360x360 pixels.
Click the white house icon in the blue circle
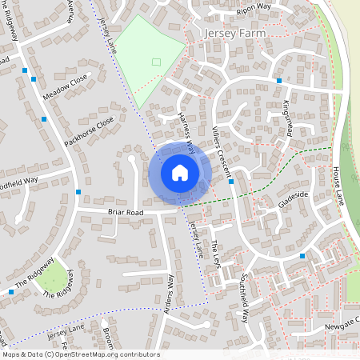(x=180, y=172)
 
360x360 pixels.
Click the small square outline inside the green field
(x=157, y=62)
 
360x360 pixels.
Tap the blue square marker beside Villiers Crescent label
(x=230, y=182)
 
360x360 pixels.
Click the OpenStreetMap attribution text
(x=81, y=354)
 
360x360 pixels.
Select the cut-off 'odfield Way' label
(x=18, y=181)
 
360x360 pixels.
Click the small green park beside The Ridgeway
(x=51, y=276)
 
